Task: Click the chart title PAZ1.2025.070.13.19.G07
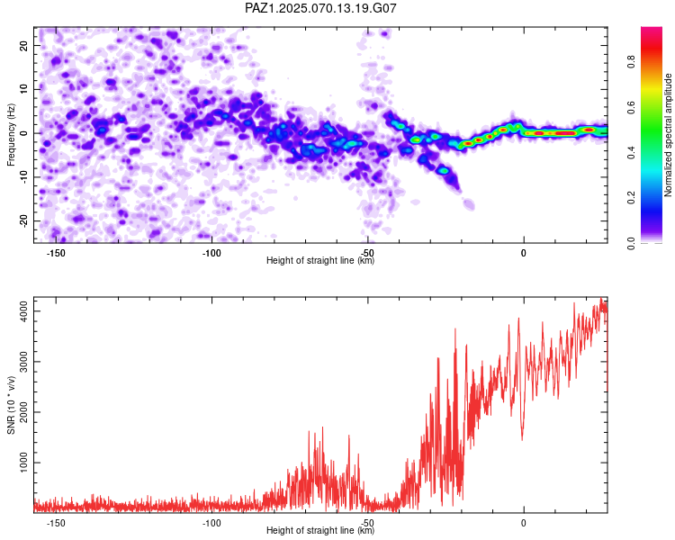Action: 320,8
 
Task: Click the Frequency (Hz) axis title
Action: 11,135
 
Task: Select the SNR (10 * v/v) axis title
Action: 11,405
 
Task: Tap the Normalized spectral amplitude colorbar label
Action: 668,135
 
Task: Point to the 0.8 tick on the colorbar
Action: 631,62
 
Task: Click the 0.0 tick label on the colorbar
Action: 631,243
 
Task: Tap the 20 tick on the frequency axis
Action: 23,45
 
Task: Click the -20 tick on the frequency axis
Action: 23,220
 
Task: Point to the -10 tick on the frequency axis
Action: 23,177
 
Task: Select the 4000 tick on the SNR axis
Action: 23,311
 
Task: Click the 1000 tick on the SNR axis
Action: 23,463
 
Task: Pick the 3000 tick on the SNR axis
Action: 23,362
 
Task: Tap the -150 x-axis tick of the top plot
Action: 56,253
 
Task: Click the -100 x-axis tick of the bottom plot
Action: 211,523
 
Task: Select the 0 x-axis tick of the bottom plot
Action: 524,523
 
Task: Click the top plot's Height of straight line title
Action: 320,260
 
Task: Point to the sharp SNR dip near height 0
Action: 522,440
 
